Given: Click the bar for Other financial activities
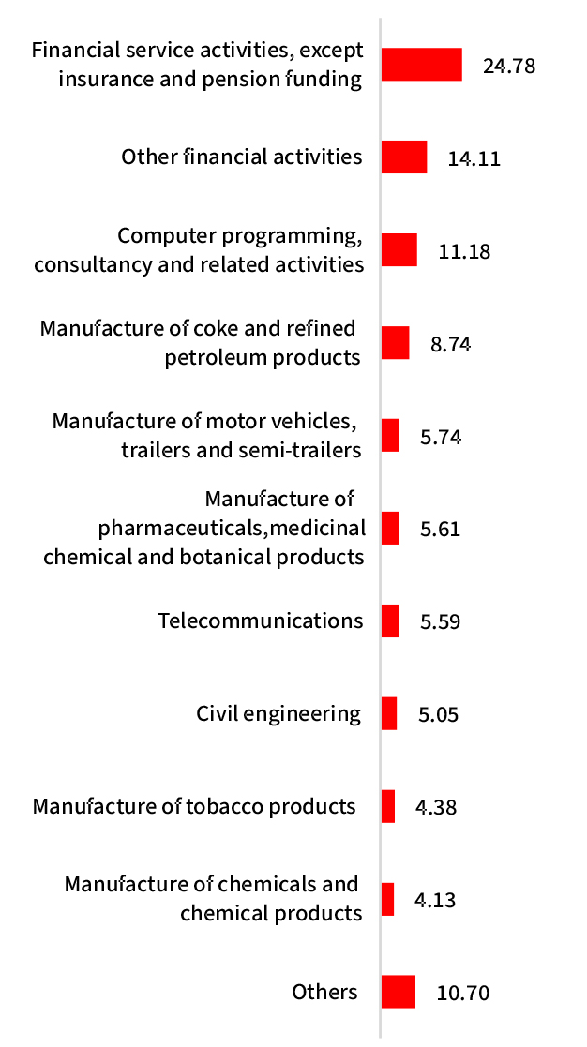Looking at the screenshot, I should click(404, 157).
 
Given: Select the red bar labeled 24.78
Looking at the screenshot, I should click(421, 65).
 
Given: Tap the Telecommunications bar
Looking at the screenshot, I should click(390, 621).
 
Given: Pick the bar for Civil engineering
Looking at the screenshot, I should click(389, 713).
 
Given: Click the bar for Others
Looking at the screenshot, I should click(398, 992).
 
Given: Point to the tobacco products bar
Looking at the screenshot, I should click(388, 806).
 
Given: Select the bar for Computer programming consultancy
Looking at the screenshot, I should click(399, 249).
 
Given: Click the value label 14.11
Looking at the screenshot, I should click(474, 158).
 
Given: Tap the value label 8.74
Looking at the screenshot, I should click(450, 344).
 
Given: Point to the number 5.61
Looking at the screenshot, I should click(441, 530).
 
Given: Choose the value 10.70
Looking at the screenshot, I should click(463, 993).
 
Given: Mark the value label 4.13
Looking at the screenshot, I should click(435, 900).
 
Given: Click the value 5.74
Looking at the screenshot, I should click(441, 437).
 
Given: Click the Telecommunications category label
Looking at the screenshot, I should click(260, 621).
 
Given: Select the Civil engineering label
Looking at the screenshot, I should click(278, 713).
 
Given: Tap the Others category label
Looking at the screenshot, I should click(324, 992).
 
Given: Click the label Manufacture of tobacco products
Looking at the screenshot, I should click(194, 806).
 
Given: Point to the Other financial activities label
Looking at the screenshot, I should click(241, 157).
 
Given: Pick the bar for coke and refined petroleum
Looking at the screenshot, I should click(395, 342).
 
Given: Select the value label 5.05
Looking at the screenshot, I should click(439, 715).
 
